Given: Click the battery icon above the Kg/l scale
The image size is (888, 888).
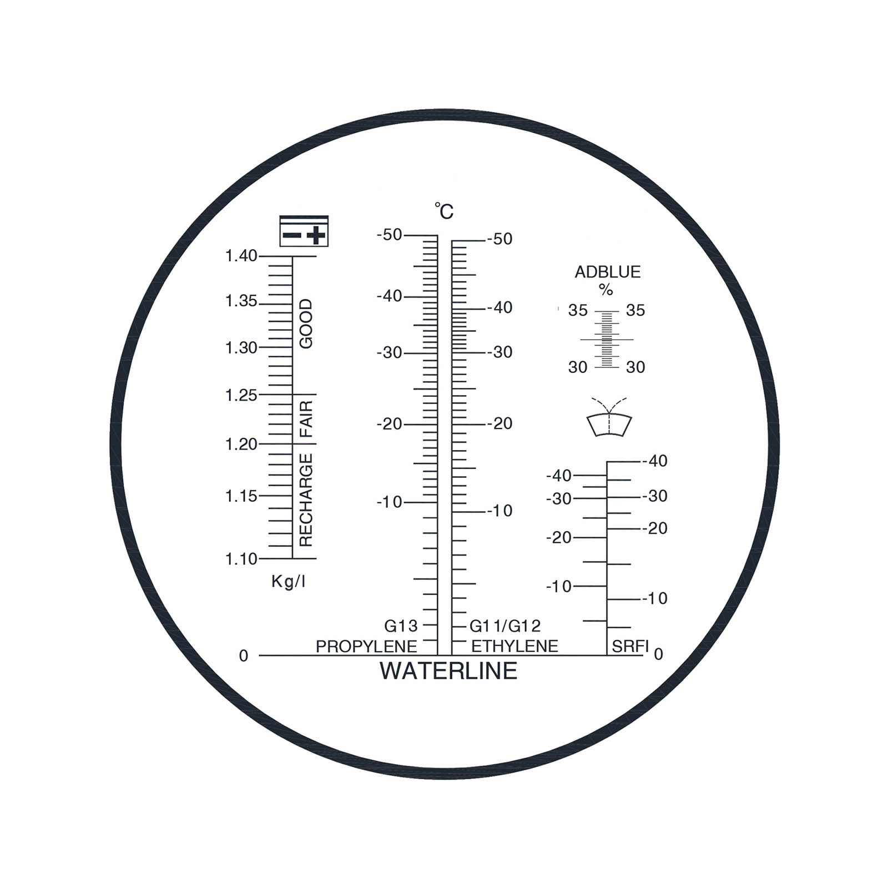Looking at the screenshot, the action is [x=304, y=231].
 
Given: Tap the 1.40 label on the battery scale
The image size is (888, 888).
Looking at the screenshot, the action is [x=241, y=256].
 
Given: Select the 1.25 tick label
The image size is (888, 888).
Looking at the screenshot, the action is [x=241, y=395].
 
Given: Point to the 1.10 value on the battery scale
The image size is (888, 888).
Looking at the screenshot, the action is [x=241, y=559].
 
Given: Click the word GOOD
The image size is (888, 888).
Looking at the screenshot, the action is [x=306, y=324].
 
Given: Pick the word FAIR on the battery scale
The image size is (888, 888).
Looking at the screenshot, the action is [x=306, y=419].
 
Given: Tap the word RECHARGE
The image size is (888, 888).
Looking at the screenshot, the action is [x=306, y=500].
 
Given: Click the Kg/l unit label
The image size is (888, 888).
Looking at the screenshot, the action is [x=288, y=582].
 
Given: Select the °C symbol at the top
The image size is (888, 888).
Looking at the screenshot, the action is [x=444, y=211].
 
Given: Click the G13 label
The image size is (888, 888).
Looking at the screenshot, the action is [x=401, y=626].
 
